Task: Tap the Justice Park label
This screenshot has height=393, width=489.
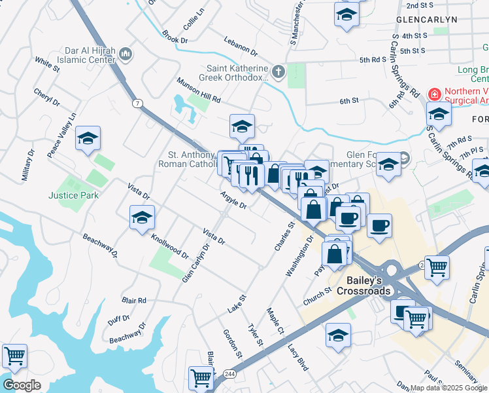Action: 73,195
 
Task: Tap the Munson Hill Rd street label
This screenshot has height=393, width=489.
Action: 199,90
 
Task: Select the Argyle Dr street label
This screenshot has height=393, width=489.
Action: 233,200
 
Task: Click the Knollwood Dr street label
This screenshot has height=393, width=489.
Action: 169,245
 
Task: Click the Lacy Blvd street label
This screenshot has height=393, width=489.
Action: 297,356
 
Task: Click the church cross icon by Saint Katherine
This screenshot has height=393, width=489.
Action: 278,72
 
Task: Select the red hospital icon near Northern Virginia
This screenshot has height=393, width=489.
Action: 432,94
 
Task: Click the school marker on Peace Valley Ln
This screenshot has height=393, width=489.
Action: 88,139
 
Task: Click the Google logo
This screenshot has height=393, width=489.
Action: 22,385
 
